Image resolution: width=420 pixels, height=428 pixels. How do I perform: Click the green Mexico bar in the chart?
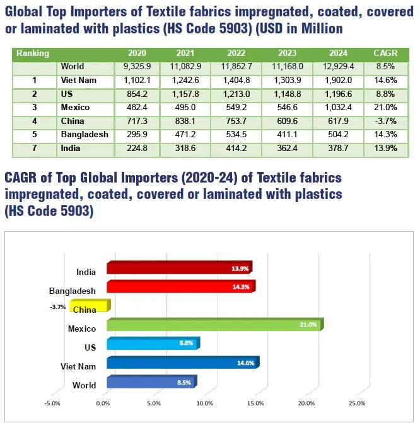[214, 325]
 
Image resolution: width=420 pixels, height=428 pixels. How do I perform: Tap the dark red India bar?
[179, 268]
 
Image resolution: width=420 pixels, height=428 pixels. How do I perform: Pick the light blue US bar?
[153, 344]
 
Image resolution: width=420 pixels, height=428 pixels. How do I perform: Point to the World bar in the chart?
[151, 382]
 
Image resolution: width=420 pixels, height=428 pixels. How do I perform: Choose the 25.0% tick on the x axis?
[357, 403]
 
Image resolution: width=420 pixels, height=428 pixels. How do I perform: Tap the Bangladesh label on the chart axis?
[73, 291]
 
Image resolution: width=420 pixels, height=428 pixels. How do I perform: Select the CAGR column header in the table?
[385, 53]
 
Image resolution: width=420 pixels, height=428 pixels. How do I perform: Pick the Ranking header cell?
[33, 53]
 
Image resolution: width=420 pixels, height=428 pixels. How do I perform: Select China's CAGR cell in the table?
[385, 121]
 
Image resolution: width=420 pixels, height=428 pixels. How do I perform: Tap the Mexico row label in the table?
[75, 108]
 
